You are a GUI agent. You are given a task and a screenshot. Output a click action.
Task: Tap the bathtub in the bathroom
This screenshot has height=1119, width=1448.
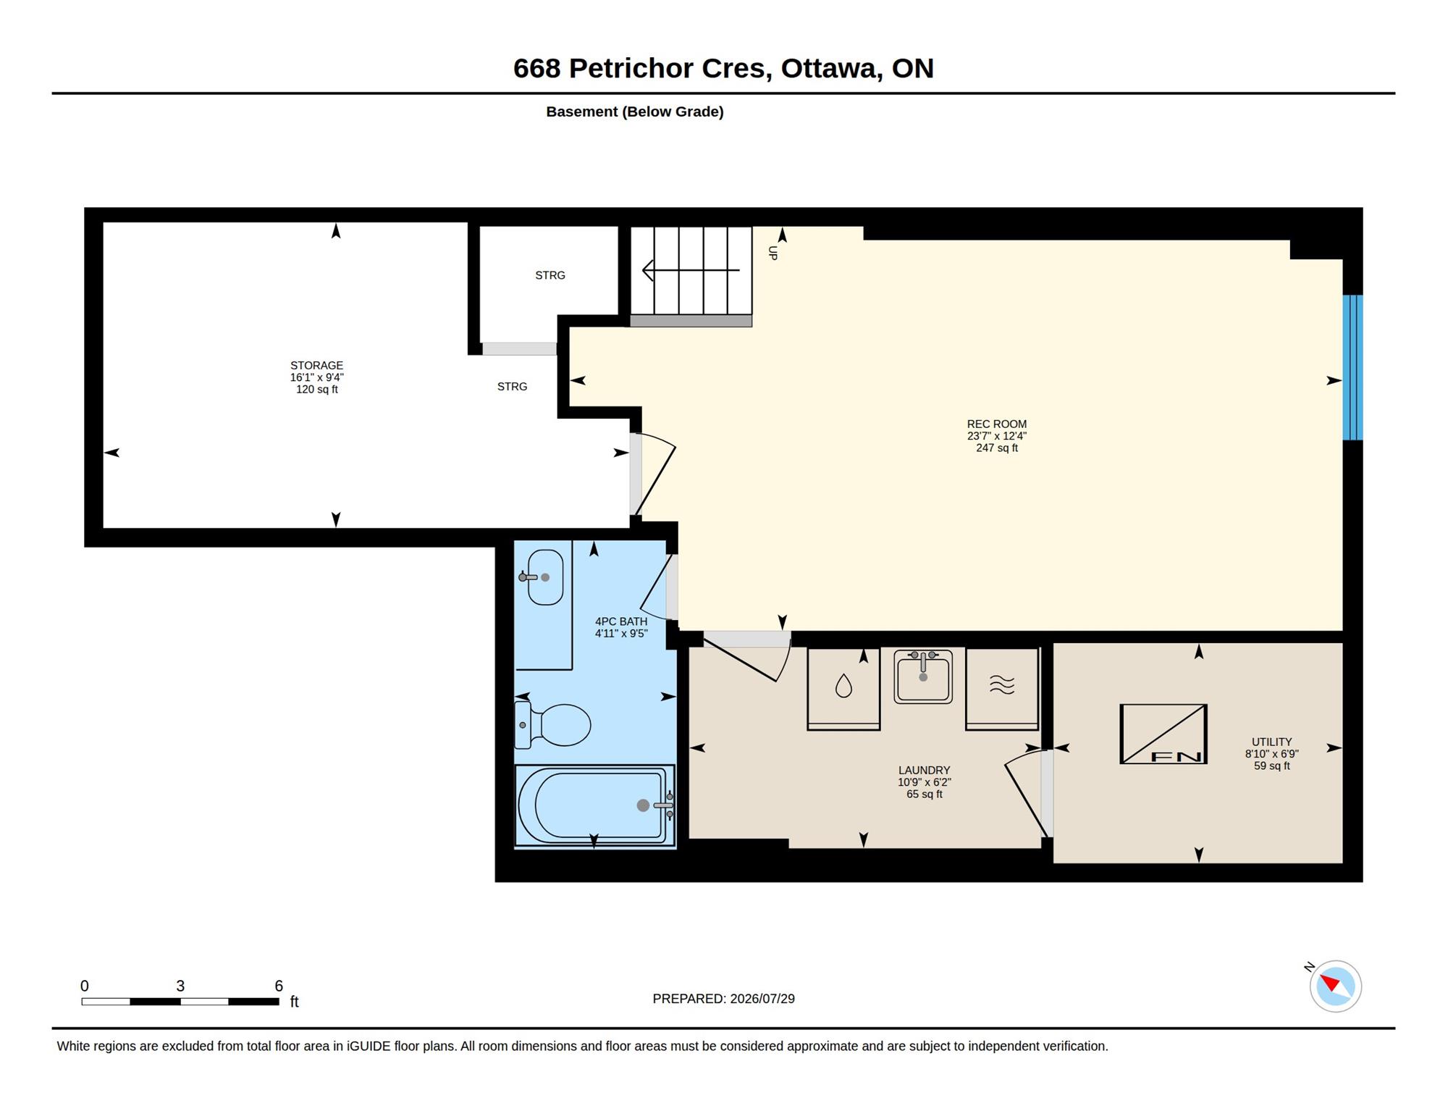(594, 805)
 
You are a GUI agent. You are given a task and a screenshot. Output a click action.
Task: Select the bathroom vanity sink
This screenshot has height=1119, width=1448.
(544, 577)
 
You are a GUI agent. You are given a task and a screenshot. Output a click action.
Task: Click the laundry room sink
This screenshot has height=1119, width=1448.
(923, 676)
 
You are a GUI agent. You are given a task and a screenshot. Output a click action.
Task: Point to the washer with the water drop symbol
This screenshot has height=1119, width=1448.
(843, 688)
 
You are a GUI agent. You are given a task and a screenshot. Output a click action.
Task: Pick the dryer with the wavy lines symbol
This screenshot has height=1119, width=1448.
(1002, 688)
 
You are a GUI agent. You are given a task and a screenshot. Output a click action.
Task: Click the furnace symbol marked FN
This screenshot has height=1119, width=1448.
(1163, 734)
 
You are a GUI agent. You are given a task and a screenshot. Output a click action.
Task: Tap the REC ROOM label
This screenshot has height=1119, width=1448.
(997, 424)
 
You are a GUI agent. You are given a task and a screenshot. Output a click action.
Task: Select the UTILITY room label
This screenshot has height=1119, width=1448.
(1272, 742)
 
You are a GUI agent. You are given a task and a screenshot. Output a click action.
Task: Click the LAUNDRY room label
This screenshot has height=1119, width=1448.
(925, 771)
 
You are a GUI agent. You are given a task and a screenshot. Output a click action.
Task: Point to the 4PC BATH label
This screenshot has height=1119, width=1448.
(621, 621)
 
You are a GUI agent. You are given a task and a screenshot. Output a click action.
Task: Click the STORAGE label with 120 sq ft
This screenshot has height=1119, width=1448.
(317, 377)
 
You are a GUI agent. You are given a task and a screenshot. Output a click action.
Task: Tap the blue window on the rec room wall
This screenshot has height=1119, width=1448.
(1352, 367)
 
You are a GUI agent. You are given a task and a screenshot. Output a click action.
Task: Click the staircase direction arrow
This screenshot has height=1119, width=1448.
(691, 270)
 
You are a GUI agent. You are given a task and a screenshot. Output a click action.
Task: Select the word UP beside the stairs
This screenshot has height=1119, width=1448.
(773, 253)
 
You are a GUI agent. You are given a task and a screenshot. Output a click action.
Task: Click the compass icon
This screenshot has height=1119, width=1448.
(1335, 986)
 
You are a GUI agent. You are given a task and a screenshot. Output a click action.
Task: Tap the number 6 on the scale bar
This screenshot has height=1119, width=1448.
(279, 986)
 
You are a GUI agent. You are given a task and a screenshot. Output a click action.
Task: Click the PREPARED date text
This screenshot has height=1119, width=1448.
(723, 999)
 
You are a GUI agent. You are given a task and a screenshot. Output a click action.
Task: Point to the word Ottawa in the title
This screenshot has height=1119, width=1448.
(831, 69)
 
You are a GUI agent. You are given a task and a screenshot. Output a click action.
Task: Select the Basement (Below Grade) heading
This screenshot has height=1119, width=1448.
(635, 112)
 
